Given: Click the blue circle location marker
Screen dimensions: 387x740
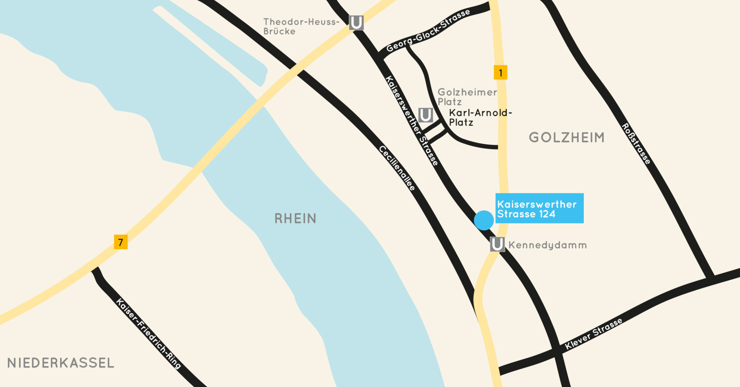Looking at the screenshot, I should tap(484, 220).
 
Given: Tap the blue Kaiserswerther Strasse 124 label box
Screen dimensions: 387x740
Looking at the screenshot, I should tap(539, 208).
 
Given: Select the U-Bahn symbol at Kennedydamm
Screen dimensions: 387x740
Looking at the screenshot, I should tap(497, 244).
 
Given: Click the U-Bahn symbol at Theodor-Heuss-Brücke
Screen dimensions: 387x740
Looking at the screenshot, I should tap(356, 23).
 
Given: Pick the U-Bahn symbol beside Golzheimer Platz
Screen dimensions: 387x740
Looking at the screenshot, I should tap(425, 115).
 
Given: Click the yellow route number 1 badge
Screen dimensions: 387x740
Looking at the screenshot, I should tap(501, 72).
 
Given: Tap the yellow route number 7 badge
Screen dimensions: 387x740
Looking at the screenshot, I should tap(121, 242).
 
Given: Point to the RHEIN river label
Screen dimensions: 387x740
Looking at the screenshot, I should tap(295, 218).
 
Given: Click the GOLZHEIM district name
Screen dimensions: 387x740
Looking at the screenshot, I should tap(566, 137).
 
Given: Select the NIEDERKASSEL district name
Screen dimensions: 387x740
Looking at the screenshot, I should tap(61, 363).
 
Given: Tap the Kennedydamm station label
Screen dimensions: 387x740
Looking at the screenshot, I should tap(548, 245).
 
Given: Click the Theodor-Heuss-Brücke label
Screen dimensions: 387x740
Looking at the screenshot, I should tap(300, 27).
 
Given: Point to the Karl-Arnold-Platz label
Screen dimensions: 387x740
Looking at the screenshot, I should tap(480, 117).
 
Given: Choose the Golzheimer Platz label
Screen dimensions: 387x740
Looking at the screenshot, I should tap(467, 97).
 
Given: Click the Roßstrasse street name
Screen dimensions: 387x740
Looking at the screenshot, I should tap(636, 144).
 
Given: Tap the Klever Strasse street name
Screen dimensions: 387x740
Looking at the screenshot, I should tap(593, 334).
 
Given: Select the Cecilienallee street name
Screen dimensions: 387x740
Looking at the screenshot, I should tap(397, 168).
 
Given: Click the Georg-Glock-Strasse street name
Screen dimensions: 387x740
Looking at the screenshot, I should tap(428, 31).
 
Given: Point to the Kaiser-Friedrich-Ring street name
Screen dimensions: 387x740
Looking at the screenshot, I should tap(148, 333).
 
